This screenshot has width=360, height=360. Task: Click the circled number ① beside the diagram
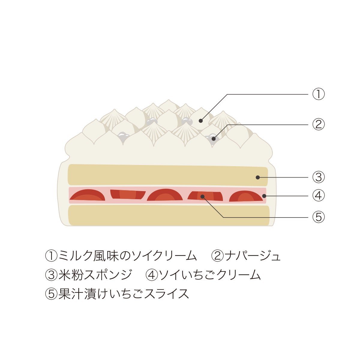coord(318,94)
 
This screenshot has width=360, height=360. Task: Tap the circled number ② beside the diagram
coord(318,124)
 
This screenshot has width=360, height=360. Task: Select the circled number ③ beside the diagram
coord(318,177)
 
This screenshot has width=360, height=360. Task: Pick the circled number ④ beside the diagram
coord(318,196)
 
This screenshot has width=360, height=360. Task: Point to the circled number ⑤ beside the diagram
coord(318,217)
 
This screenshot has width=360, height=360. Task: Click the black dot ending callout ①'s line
coord(201,121)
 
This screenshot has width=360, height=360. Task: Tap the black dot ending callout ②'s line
coord(214,139)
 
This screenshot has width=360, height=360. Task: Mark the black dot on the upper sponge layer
coord(258,177)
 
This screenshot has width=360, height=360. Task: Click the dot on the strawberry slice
coord(202,196)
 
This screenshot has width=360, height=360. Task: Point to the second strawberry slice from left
coord(128,194)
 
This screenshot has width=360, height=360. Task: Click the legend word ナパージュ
coord(253,256)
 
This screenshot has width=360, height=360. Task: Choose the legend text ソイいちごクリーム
coord(210,275)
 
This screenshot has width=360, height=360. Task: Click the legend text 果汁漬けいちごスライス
coord(124,294)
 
